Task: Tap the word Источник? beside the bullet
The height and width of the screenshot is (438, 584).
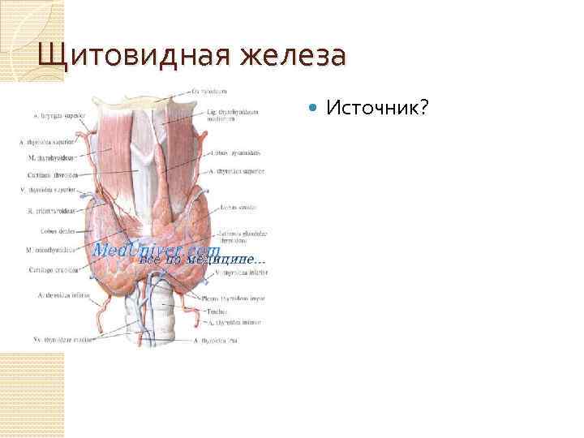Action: [x=377, y=108]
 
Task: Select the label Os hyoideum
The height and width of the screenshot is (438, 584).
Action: [x=210, y=91]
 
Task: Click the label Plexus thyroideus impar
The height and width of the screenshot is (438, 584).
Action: [x=235, y=298]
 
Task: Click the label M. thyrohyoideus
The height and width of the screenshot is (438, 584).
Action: [x=52, y=158]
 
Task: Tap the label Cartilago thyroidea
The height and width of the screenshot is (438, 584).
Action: [x=53, y=174]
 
